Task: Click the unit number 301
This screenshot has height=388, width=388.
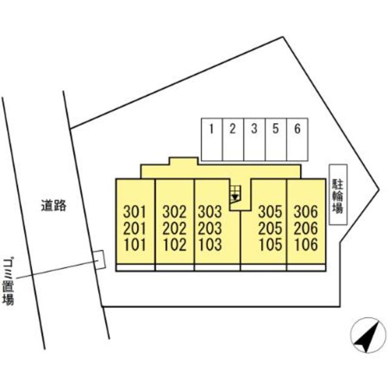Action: pos(135,213)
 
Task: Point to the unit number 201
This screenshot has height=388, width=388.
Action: pos(135,229)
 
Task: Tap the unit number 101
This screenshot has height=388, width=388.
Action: pos(135,246)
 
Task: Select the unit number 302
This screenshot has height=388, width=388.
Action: pos(175,213)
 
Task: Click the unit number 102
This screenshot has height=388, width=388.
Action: pos(175,246)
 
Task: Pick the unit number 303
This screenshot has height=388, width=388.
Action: pos(210,213)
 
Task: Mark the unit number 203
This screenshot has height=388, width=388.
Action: pos(210,229)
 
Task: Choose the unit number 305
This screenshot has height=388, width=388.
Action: pos(270,213)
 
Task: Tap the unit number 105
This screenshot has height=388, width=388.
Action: pos(270,246)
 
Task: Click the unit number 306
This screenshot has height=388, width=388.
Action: pos(306,213)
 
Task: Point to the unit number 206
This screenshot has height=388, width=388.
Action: pos(306,229)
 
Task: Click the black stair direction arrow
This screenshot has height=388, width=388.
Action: pos(234,196)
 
